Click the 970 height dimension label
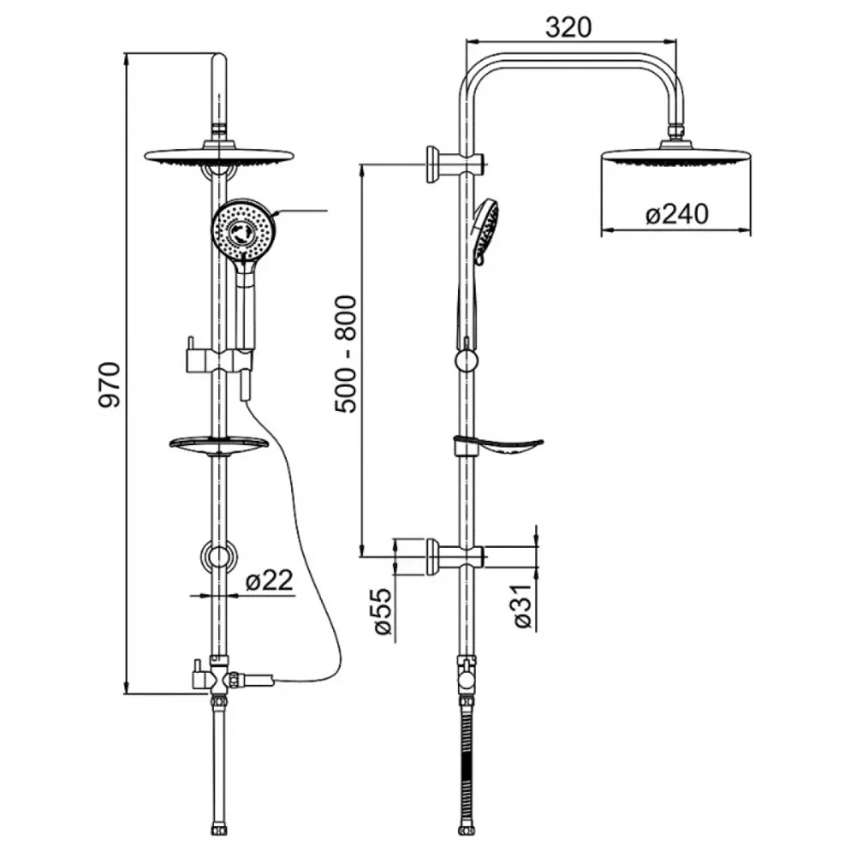pos(110,384)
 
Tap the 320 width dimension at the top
pos(568,27)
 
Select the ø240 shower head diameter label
pos(677,213)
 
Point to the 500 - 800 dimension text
pos(346,354)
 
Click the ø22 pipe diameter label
pos(270,580)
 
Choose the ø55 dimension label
pos(383,611)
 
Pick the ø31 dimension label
pos(522,606)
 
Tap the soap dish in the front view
pos(219,445)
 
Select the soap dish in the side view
pos(498,446)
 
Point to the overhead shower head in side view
pos(676,153)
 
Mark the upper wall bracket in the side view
pos(455,163)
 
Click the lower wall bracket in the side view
pos(455,556)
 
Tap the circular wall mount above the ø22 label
pos(219,557)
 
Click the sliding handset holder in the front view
pos(219,360)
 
